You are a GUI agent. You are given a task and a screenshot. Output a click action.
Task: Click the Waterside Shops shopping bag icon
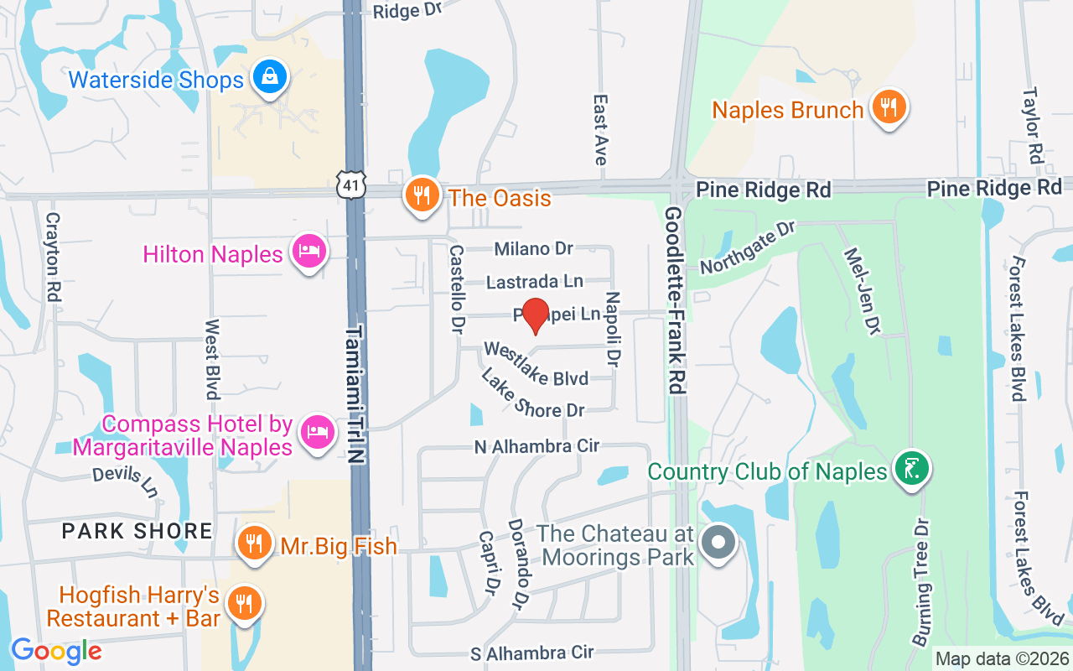click(x=269, y=78)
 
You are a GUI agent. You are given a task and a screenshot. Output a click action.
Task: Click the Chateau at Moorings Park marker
click(x=718, y=542)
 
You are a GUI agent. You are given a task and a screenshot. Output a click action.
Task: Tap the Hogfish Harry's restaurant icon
click(x=244, y=603)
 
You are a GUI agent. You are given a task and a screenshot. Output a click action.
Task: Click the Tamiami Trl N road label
click(x=357, y=395)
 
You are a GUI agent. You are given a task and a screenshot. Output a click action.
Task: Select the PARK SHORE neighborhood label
click(x=137, y=531)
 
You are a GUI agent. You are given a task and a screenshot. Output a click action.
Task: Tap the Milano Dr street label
click(x=533, y=248)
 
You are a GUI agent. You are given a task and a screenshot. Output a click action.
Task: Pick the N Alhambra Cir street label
click(x=536, y=446)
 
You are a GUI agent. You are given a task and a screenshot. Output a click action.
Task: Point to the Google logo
click(x=56, y=651)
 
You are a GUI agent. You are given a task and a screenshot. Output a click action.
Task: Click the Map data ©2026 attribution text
click(x=1002, y=658)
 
